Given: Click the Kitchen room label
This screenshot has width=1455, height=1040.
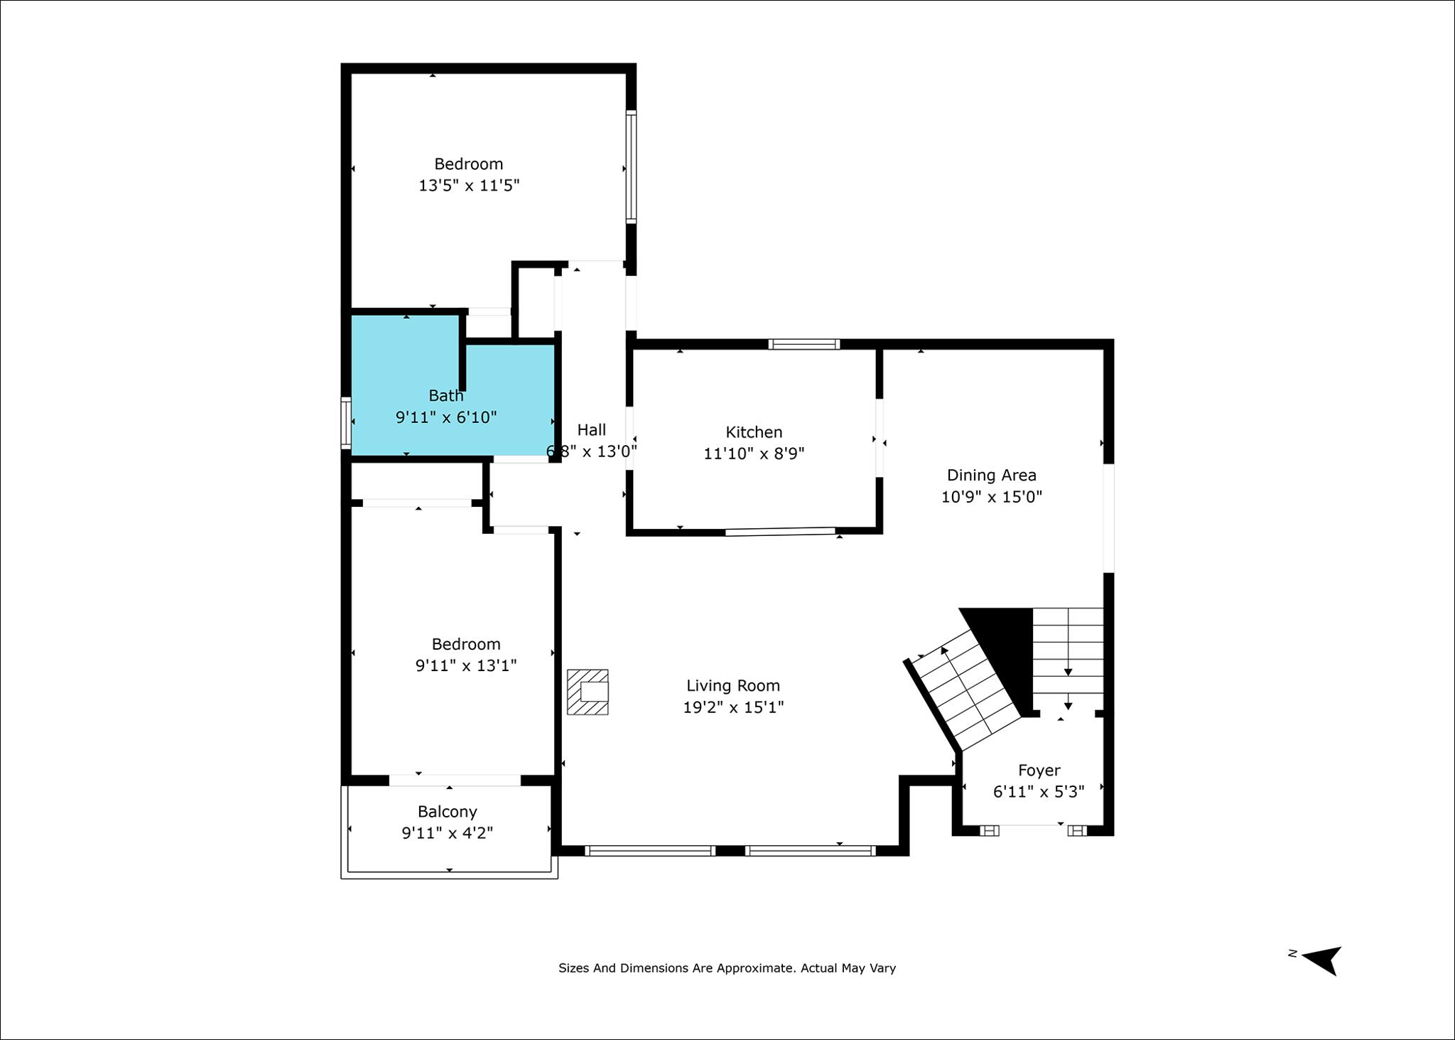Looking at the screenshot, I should [754, 432].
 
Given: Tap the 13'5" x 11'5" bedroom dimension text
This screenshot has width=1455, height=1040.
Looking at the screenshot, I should [469, 186].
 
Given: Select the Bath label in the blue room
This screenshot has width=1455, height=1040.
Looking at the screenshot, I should [445, 395].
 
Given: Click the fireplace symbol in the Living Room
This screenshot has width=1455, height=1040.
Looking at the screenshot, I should [588, 692].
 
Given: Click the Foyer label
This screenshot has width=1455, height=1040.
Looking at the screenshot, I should [1039, 771].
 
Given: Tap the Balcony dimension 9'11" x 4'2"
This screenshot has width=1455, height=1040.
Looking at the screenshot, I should [448, 833].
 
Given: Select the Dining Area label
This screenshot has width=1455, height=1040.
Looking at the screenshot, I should [991, 475].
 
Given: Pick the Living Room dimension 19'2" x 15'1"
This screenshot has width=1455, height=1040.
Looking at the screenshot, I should [733, 707].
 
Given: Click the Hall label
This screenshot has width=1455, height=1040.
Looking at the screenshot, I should [591, 429].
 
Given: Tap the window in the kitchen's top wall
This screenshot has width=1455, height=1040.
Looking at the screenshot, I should [804, 344].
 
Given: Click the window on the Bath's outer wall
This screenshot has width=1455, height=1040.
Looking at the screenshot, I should [346, 422].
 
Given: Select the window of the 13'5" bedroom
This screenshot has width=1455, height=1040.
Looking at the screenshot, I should [630, 167].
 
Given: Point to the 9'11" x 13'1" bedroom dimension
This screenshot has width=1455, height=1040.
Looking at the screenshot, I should [465, 666].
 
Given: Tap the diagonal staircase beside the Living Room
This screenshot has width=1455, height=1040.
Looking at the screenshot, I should [963, 690].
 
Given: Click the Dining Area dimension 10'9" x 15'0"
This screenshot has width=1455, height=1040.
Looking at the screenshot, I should [991, 497].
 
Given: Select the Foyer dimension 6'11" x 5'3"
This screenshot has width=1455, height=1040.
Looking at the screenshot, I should [1039, 792].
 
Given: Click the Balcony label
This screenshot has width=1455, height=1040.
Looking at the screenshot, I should [447, 812].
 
